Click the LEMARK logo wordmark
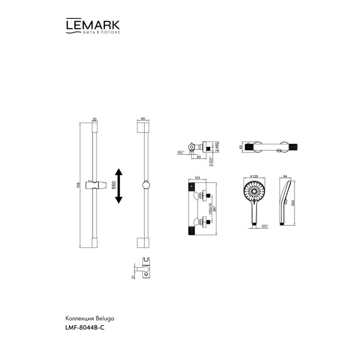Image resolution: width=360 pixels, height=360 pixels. pos(91,25)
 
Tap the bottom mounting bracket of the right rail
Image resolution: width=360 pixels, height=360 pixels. pos(143,242)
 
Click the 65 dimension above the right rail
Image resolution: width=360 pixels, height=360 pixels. pos(143,119)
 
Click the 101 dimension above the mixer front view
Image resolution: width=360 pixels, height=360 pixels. pos(199,178)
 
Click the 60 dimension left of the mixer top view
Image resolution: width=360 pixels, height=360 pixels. pos(241,145)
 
